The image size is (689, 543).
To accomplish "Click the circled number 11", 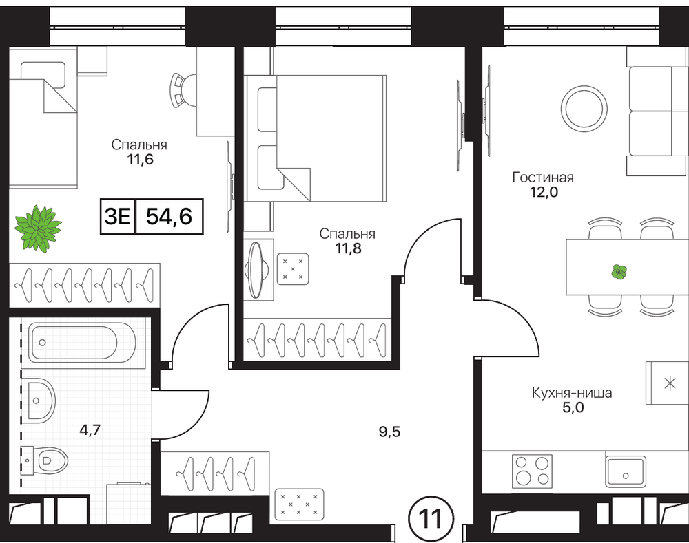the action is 431,520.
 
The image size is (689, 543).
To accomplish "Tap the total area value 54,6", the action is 169,216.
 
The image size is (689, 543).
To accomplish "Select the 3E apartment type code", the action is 117,216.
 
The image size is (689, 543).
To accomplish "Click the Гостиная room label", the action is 543,178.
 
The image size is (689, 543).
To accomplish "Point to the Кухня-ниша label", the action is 572,392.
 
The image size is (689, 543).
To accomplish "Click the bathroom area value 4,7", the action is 90,429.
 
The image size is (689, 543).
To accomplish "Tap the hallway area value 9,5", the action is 390,432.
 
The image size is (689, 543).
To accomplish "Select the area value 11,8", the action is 348,248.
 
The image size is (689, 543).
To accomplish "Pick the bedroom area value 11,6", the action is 140,160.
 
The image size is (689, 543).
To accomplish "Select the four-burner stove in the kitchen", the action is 532,471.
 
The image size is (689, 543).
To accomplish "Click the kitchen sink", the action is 625,471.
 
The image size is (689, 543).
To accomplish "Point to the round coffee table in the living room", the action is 584,107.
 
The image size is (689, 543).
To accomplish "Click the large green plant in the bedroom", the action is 38,228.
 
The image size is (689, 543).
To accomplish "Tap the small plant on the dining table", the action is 619,272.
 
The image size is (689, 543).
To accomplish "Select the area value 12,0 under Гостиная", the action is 544,192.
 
